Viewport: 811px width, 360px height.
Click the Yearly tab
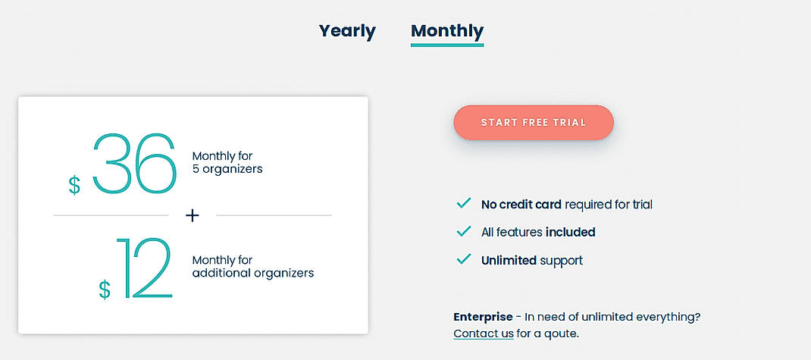coord(347,31)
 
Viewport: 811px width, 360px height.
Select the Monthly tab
coord(447,31)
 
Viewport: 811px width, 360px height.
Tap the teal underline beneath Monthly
coord(447,45)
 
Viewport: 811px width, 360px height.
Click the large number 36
coord(134,163)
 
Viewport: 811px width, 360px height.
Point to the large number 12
coord(144,269)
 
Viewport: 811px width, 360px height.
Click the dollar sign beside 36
coord(74,185)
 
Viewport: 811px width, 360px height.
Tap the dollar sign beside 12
coord(105,289)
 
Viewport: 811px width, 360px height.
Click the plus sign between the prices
coord(193,216)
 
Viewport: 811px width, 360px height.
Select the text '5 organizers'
coord(227,169)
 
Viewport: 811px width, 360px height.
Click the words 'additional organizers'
coord(252,273)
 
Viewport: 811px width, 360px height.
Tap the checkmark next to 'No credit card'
coord(463,203)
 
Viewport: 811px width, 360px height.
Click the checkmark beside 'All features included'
coord(463,231)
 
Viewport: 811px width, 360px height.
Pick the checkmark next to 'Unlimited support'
coord(463,259)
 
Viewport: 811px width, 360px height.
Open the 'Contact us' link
coord(484,333)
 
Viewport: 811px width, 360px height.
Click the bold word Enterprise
coord(483,317)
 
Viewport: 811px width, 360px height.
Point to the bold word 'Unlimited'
coord(509,260)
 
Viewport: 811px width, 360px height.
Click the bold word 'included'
coord(570,232)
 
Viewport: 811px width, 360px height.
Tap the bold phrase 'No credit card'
coord(521,204)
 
